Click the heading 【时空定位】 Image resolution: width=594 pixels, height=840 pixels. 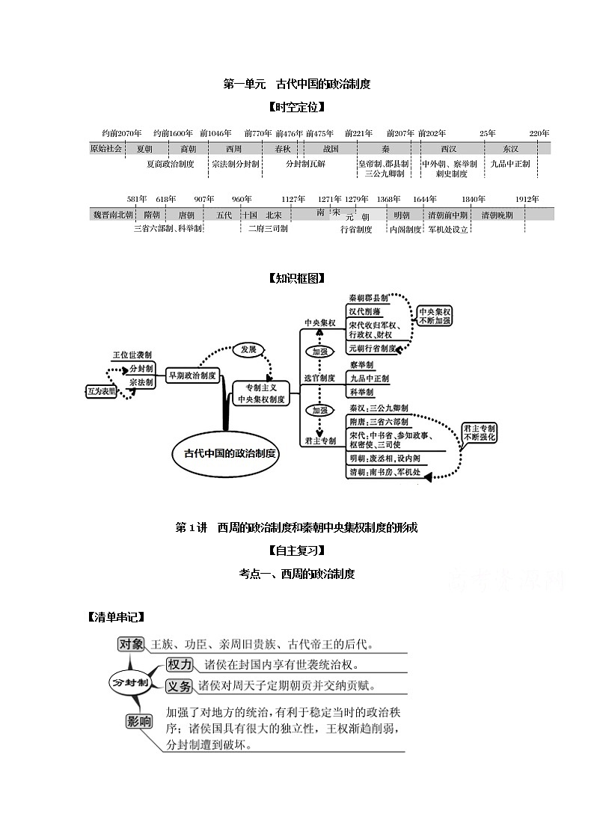point(297,107)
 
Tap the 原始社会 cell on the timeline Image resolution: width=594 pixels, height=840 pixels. point(105,149)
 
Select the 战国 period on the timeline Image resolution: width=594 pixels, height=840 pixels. point(331,149)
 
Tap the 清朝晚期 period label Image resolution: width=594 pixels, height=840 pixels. point(497,215)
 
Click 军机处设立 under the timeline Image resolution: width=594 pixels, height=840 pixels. point(448,230)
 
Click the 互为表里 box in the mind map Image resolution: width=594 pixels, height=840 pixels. point(102,391)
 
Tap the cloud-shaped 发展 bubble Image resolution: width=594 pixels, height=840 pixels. point(248,349)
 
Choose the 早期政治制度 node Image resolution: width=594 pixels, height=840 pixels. point(192,376)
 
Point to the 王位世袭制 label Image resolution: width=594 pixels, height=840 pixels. point(132,355)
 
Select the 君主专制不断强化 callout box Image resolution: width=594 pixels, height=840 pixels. point(479,432)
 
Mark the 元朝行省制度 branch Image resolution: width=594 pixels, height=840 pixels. point(373,349)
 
